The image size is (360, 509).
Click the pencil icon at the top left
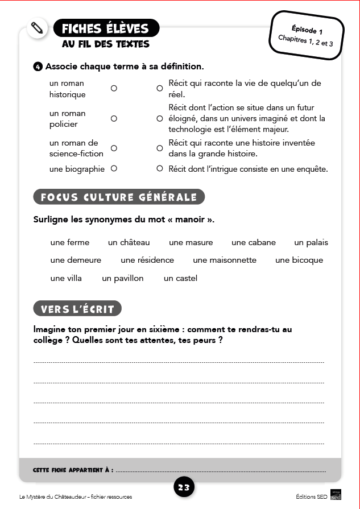[37, 27]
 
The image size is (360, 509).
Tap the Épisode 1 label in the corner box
[307, 29]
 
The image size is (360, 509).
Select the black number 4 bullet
[38, 67]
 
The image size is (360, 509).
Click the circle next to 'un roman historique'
[114, 89]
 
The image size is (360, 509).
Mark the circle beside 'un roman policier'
[114, 119]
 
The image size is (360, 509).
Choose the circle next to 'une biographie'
[114, 168]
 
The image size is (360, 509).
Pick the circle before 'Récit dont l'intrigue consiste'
[160, 168]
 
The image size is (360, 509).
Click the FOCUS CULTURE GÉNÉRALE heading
[119, 197]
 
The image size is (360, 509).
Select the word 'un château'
[129, 242]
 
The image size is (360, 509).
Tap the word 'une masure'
[191, 242]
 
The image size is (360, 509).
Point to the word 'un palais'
[311, 242]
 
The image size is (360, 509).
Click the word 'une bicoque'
[299, 260]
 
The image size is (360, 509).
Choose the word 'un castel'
[180, 278]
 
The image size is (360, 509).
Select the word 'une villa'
[66, 278]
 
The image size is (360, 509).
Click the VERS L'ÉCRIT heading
[78, 309]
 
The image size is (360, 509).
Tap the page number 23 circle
[184, 487]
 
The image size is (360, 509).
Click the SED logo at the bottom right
[336, 496]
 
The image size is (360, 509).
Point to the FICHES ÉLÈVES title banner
[106, 28]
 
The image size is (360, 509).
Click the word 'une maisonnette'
[225, 260]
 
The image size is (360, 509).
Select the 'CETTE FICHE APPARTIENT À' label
[73, 470]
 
